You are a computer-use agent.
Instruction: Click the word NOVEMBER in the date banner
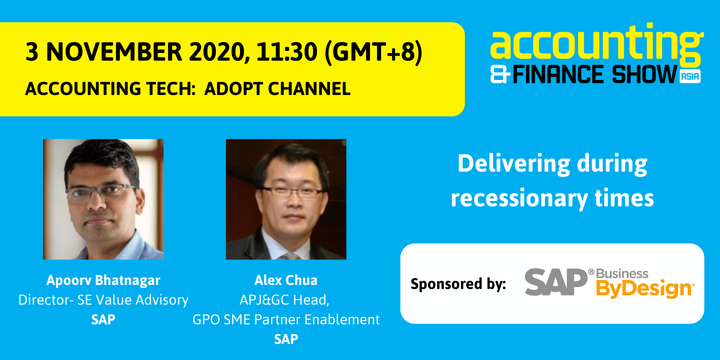coord(114,52)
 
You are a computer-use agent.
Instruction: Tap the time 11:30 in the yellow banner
coord(287,52)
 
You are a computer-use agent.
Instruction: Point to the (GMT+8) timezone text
coord(373,52)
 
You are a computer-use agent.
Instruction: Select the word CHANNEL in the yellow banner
coord(309,88)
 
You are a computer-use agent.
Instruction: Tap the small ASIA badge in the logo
coord(690,76)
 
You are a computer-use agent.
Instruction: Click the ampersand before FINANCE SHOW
coord(500,74)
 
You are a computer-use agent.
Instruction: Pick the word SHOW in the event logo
coord(645,74)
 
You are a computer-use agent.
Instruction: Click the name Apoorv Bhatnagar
coord(103,280)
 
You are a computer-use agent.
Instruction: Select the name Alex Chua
coord(286,280)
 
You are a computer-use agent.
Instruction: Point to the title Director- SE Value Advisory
coord(103,300)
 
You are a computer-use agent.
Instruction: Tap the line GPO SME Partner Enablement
coord(286,319)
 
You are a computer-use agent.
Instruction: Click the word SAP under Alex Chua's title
coord(286,339)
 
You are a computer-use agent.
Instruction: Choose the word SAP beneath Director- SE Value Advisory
coord(103,319)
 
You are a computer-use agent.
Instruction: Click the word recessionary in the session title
coord(519,198)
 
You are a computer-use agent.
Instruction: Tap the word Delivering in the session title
coord(513,164)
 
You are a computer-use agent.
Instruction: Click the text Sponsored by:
coord(458,284)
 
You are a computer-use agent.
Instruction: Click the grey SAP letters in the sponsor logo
coord(556,282)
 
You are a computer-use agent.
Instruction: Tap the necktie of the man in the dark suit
coord(290,256)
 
